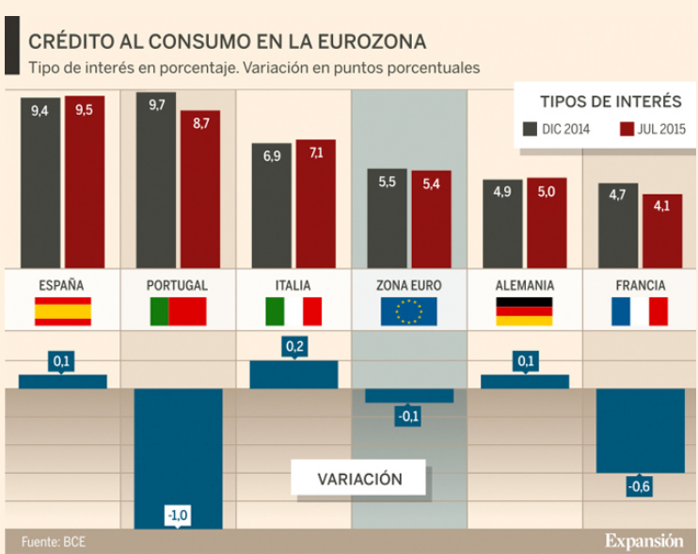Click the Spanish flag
point(62,311)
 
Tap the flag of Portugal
point(178,311)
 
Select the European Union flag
point(408,311)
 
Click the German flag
point(524,311)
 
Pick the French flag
point(639,311)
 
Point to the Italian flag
point(293,311)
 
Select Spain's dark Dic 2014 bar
point(40,183)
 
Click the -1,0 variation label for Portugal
point(178,514)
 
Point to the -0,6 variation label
point(640,485)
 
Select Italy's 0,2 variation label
point(294,346)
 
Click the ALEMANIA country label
point(524,285)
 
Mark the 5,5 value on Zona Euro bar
point(387,182)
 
